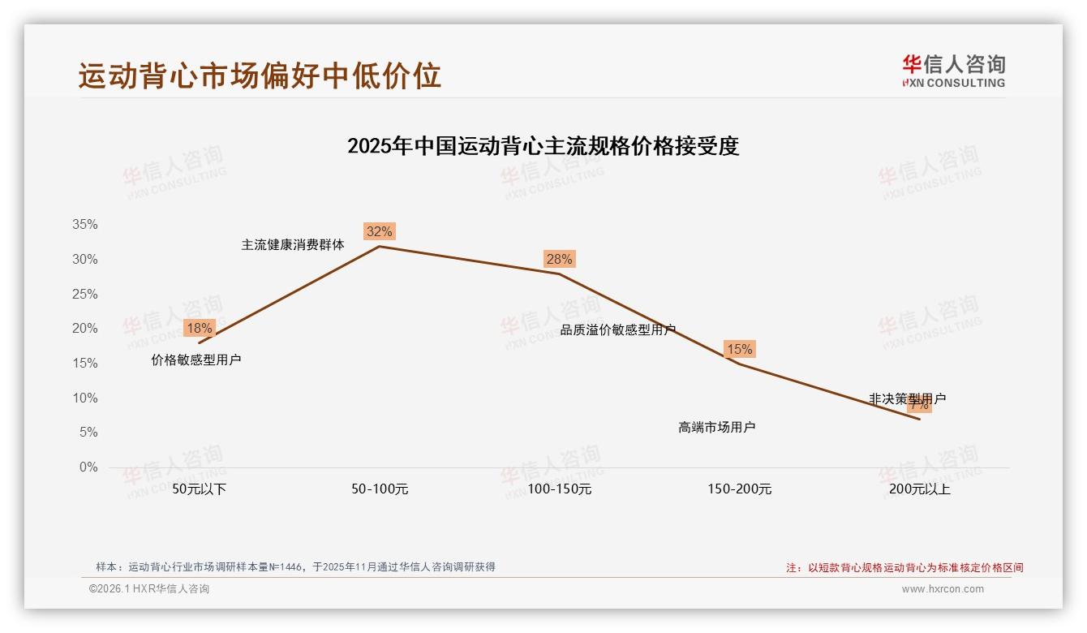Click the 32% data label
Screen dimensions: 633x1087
pyautogui.click(x=380, y=232)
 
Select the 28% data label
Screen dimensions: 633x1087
pyautogui.click(x=559, y=260)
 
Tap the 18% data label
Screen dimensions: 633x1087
pyautogui.click(x=199, y=329)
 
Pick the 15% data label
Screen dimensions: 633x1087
pyautogui.click(x=739, y=350)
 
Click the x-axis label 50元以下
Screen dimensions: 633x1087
pyautogui.click(x=200, y=489)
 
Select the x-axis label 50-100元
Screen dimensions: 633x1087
pyautogui.click(x=380, y=489)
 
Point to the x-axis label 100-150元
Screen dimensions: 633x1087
pyautogui.click(x=560, y=489)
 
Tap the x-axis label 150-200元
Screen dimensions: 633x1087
pyautogui.click(x=740, y=489)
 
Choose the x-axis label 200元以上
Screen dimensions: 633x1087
pyautogui.click(x=920, y=489)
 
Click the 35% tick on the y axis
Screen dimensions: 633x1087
pyautogui.click(x=84, y=225)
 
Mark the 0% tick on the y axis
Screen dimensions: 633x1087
pyautogui.click(x=88, y=467)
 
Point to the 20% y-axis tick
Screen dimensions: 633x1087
pyautogui.click(x=84, y=329)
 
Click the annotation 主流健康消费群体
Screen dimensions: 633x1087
pyautogui.click(x=293, y=244)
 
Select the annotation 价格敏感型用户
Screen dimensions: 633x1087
pyautogui.click(x=196, y=360)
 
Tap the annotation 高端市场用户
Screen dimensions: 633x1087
pyautogui.click(x=717, y=427)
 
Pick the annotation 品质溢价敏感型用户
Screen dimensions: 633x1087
pyautogui.click(x=618, y=330)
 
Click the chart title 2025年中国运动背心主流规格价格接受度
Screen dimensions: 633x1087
pyautogui.click(x=543, y=147)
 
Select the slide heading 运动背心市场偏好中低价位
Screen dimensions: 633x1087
pyautogui.click(x=260, y=75)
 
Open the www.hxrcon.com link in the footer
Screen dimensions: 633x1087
pyautogui.click(x=943, y=589)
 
